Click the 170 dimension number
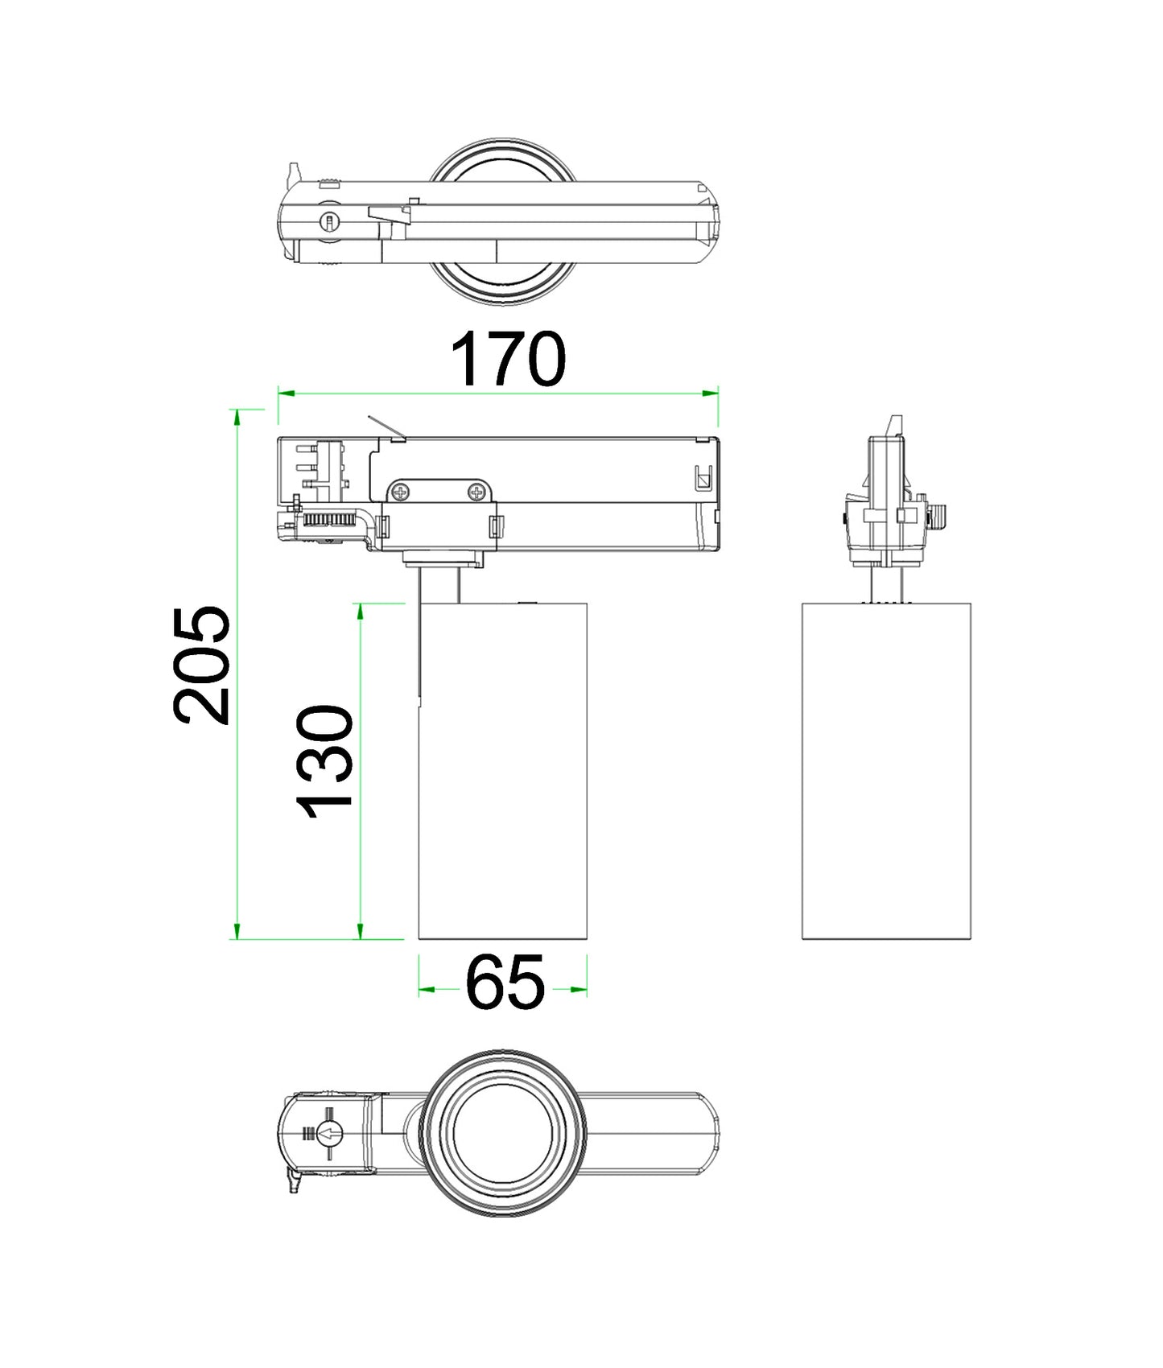[508, 359]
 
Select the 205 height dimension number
[202, 665]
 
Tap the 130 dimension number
[325, 761]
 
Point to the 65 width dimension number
[505, 983]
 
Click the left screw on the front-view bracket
[401, 492]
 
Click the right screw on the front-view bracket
[479, 491]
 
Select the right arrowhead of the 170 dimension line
[711, 393]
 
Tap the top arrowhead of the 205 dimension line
[237, 416]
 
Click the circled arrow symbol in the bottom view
[330, 1135]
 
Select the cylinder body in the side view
[886, 770]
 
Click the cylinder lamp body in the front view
[503, 770]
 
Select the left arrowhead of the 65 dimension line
[426, 989]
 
